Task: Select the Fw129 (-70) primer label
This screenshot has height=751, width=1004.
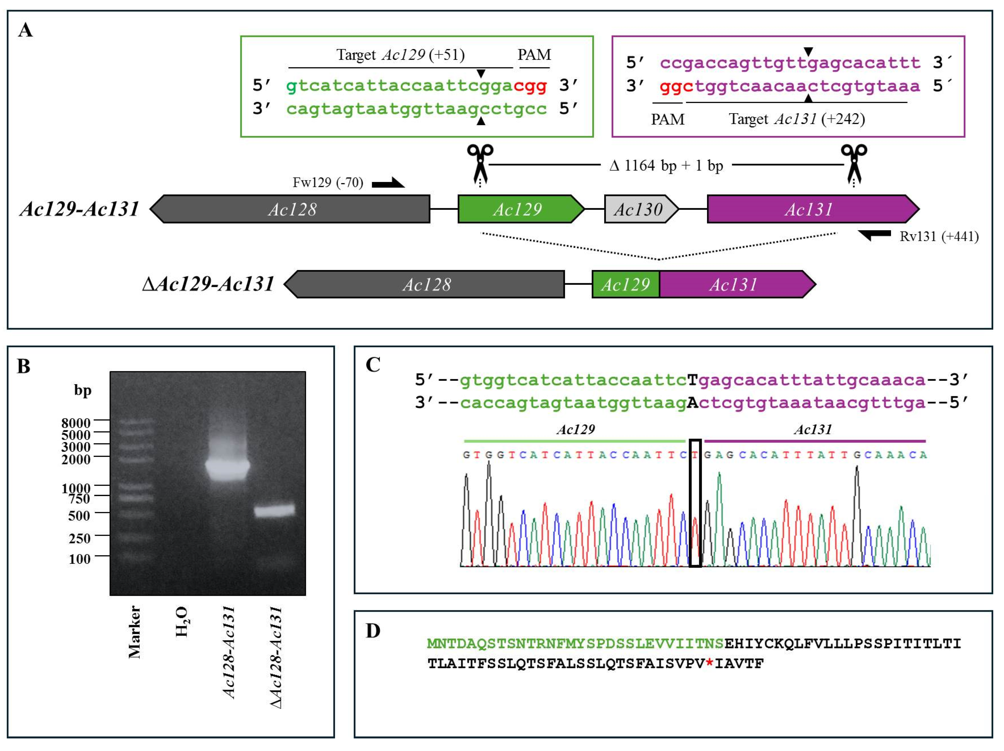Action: [x=328, y=183]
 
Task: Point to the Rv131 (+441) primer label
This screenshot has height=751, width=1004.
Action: [x=939, y=237]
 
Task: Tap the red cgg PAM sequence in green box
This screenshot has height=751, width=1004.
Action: [x=530, y=85]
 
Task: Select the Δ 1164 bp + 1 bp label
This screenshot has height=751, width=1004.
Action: [x=666, y=166]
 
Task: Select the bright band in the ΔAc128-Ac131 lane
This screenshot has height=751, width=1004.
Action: [x=274, y=510]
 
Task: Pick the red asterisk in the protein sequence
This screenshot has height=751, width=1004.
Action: [x=709, y=663]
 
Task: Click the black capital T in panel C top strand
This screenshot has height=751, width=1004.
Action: [x=692, y=380]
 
